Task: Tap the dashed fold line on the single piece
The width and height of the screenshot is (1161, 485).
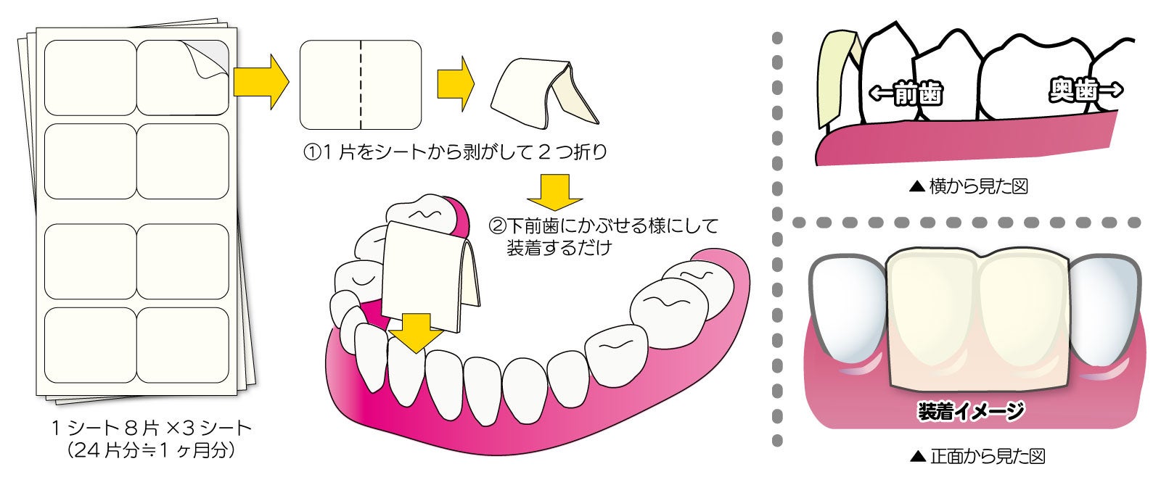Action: (361, 85)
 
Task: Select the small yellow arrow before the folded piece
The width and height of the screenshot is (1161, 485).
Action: (455, 84)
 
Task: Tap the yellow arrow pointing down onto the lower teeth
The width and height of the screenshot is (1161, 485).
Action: (415, 332)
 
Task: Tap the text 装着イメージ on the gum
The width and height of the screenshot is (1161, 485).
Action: (970, 412)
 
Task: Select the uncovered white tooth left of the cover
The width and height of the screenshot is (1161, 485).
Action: (848, 312)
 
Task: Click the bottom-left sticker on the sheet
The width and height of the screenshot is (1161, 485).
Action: (90, 345)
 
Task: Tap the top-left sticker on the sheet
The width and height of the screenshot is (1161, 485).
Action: (90, 77)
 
